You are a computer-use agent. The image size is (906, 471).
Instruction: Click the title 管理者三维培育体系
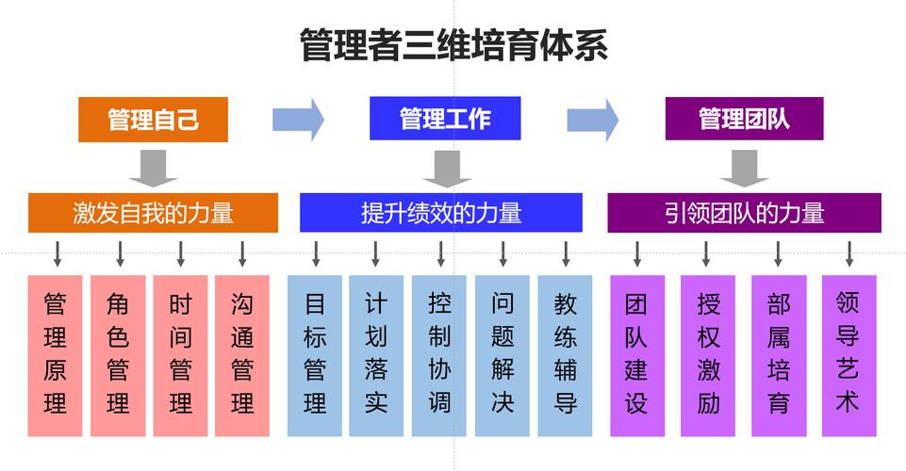pos(453,44)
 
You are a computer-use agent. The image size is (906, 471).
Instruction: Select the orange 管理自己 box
pos(153,120)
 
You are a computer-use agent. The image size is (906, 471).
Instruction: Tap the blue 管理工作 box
pos(445,119)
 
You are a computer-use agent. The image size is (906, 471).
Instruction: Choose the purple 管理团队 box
pos(744,119)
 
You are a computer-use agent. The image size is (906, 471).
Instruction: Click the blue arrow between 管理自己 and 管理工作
pos(298,119)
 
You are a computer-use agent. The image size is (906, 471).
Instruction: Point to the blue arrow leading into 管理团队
pos(593,119)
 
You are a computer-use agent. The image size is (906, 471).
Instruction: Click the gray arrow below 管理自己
pos(153,167)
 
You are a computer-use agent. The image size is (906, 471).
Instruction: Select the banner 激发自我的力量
pos(153,213)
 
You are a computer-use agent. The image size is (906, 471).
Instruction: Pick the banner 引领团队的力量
pos(744,213)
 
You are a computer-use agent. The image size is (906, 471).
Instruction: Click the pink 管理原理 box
pos(56,355)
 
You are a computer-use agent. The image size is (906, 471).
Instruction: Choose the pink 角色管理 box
pos(118,355)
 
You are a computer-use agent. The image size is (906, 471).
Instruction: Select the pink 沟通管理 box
pos(242,355)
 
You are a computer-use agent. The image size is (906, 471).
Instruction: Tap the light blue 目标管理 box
pos(315,355)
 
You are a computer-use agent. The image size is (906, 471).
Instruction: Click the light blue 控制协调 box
pos(439,355)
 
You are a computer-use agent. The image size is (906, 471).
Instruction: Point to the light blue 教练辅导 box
pos(566,355)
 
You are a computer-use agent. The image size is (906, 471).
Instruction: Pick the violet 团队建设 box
pos(636,355)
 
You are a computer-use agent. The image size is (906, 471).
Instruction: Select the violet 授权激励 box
pos(708,355)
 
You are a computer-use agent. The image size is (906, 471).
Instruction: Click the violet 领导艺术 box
pos(848,355)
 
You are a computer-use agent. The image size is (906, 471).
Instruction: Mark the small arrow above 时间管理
pos(180,253)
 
